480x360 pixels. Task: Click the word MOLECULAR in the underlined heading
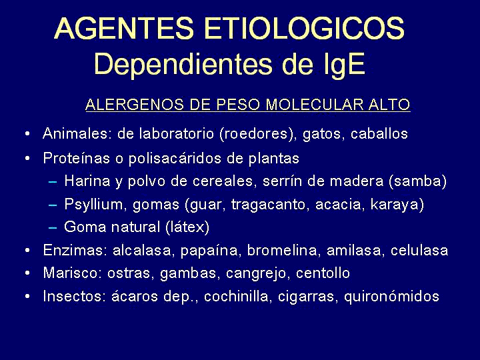[315, 105]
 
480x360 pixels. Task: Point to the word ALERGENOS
[135, 105]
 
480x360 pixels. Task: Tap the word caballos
[379, 133]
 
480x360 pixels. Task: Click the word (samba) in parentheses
[417, 181]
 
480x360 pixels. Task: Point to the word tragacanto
[268, 205]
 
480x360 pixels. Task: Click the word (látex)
[187, 227]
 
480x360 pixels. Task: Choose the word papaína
[209, 251]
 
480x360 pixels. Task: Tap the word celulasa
[419, 250]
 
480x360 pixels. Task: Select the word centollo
[323, 273]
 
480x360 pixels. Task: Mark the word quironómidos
[391, 296]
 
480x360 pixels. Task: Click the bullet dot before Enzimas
[27, 251]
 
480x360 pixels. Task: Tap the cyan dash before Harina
[53, 181]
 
